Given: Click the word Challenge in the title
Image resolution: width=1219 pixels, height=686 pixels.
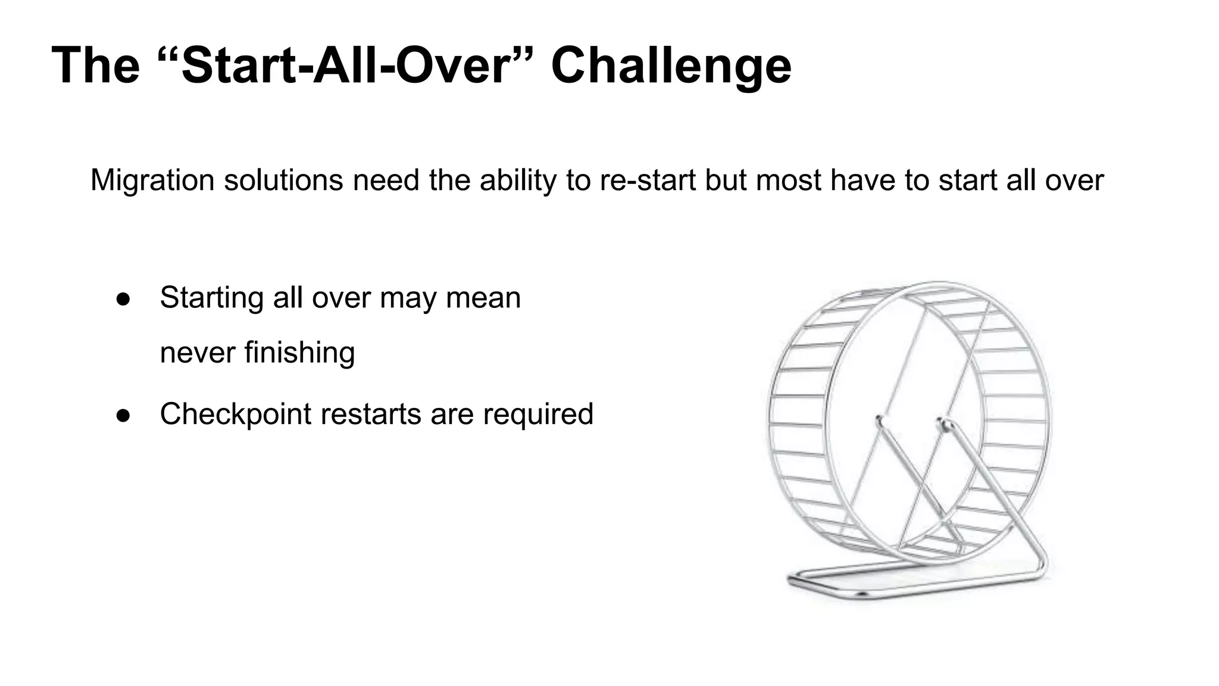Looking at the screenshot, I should [x=671, y=66].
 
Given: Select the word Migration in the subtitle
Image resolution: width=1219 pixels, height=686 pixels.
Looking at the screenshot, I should [x=152, y=180].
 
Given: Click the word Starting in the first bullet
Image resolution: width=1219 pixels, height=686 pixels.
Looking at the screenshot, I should [x=212, y=297].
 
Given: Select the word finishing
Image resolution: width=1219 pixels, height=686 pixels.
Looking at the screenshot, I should [x=299, y=352].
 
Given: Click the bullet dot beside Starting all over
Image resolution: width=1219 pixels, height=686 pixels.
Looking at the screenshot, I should [x=123, y=298].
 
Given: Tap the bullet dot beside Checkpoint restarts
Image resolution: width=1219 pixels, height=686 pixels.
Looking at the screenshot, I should [x=123, y=414].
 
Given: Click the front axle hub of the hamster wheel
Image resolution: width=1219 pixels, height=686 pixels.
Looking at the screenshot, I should [x=943, y=425].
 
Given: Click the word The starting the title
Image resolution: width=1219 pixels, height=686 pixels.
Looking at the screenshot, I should [x=95, y=66].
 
